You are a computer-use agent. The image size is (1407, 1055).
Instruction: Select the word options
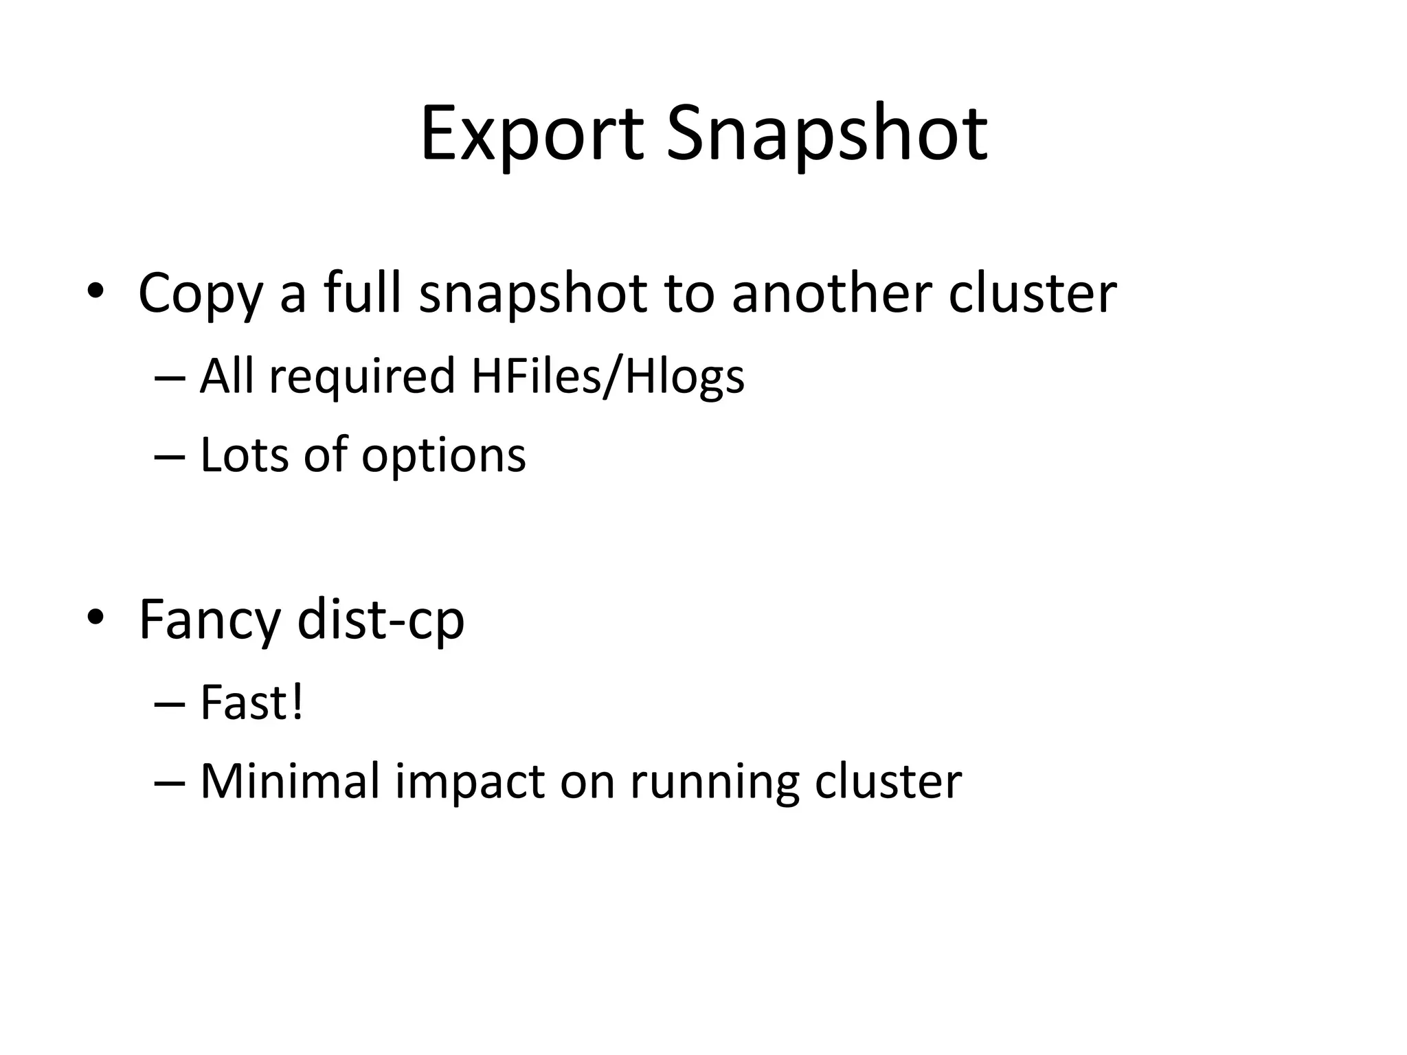click(x=444, y=456)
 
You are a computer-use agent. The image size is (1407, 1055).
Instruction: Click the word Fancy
click(x=210, y=620)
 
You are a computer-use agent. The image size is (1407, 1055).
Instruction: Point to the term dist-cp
click(x=381, y=620)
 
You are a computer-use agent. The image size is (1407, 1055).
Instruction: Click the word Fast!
click(x=251, y=703)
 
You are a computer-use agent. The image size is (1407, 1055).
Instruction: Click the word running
click(x=714, y=782)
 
